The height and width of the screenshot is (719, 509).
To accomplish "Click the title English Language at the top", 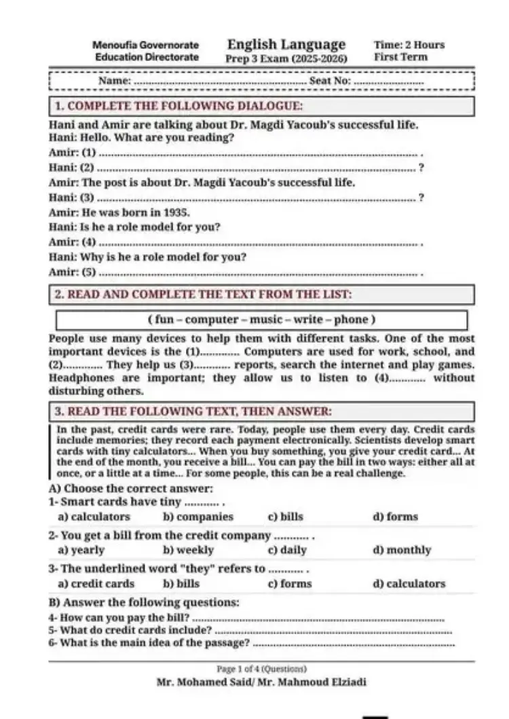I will pos(286,45).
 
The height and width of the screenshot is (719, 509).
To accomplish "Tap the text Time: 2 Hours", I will pos(409,45).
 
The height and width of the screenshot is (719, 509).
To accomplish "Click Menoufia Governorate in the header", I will pos(145,45).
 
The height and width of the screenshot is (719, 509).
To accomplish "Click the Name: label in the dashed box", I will pos(114,81).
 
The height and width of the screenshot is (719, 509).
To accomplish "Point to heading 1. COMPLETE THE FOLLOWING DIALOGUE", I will pos(178,106).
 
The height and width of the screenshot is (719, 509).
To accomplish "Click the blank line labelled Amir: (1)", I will pos(258,154).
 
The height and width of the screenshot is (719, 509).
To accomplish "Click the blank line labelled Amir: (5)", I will pos(258,274).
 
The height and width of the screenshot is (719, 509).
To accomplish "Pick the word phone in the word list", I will pos(351,320).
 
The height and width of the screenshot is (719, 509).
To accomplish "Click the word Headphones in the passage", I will pos(77,378).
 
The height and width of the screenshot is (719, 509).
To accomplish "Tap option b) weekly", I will pos(188,550).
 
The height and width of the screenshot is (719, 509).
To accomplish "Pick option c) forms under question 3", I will pos(290,583).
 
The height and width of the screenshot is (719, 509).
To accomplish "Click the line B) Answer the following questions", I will pos(144,602).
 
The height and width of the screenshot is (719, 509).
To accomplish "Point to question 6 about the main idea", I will pos(149,642).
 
